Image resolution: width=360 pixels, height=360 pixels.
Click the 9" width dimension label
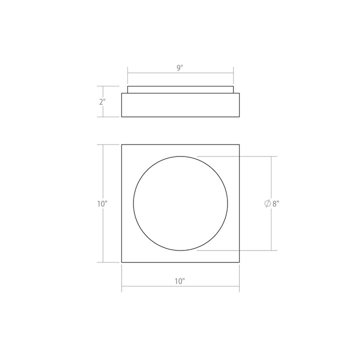click(180, 68)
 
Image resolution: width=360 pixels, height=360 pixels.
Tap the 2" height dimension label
click(102, 102)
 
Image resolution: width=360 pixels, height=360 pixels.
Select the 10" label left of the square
click(102, 203)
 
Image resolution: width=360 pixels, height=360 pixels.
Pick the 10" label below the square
click(180, 281)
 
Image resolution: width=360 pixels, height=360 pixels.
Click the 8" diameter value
click(275, 203)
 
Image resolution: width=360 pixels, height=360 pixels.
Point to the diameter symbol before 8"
click(267, 203)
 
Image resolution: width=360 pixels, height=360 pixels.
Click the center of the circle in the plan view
click(180, 203)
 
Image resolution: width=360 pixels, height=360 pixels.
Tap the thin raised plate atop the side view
click(180, 89)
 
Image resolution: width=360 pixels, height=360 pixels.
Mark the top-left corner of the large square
click(122, 145)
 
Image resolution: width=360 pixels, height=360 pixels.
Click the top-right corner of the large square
click(239, 145)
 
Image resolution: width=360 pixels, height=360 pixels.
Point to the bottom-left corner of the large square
click(122, 262)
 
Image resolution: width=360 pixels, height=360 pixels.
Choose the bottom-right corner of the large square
click(239, 262)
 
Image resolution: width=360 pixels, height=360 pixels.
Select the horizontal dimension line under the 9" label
click(150, 74)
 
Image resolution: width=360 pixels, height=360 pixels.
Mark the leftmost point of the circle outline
click(133, 203)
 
